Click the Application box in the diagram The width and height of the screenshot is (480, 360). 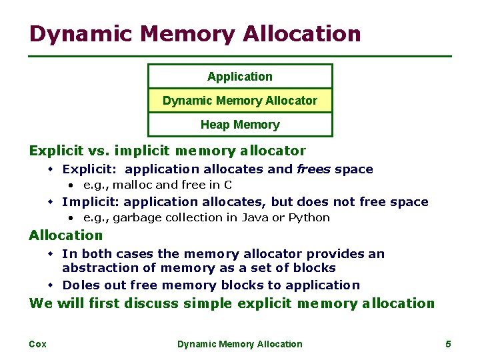tap(240, 77)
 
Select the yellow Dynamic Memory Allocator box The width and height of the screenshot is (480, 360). tap(240, 101)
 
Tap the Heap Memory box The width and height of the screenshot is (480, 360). tap(240, 125)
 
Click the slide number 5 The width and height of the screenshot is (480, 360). tap(448, 344)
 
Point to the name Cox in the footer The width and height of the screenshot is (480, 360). tap(37, 344)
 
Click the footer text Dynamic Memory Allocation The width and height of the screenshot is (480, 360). tap(240, 344)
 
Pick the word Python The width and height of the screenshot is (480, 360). tap(309, 218)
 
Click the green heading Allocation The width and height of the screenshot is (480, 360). tap(66, 235)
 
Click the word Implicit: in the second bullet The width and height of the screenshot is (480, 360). tap(91, 202)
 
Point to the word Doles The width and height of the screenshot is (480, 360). tap(79, 285)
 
